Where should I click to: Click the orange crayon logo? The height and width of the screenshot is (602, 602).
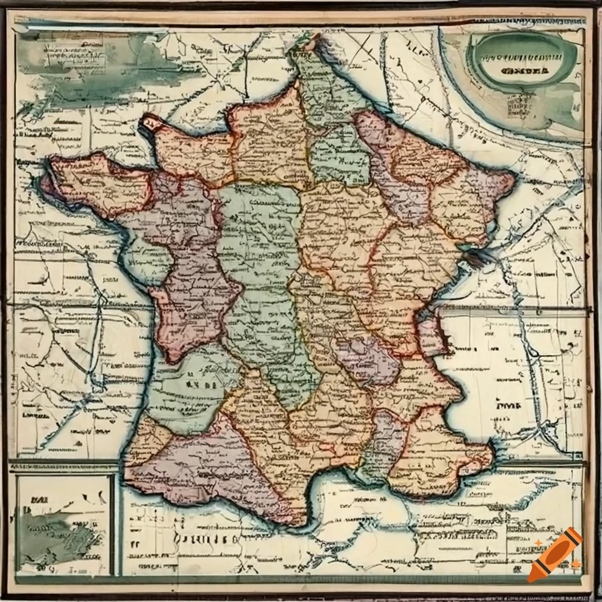tap(555, 554)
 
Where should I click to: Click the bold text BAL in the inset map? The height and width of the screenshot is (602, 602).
tap(36, 501)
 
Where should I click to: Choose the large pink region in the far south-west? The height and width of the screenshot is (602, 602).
tap(200, 464)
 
